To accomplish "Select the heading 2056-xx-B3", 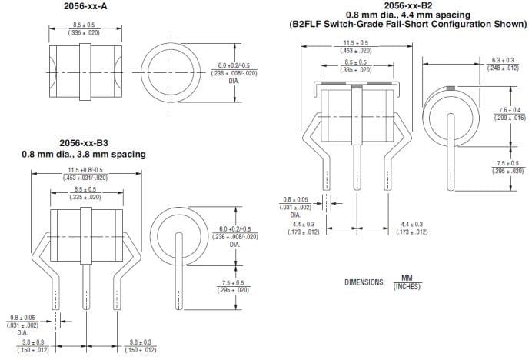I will pyautogui.click(x=83, y=143).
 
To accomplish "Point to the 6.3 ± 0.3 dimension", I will pyautogui.click(x=504, y=59).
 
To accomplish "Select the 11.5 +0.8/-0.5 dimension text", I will pyautogui.click(x=84, y=169).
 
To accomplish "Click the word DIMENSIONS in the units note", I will pyautogui.click(x=364, y=282).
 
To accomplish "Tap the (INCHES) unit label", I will pyautogui.click(x=407, y=287).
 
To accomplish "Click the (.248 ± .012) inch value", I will pyautogui.click(x=504, y=68).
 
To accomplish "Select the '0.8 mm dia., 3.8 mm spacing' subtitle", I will pyautogui.click(x=83, y=155).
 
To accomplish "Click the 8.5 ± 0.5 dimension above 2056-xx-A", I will pyautogui.click(x=81, y=25).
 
